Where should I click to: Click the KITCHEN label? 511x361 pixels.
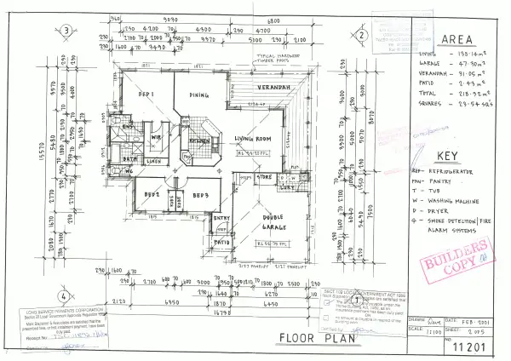tap(199, 140)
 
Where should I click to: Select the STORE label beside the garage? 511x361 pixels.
tap(263, 178)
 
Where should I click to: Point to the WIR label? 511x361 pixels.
tap(157, 136)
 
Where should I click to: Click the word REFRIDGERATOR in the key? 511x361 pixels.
tap(459, 171)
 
